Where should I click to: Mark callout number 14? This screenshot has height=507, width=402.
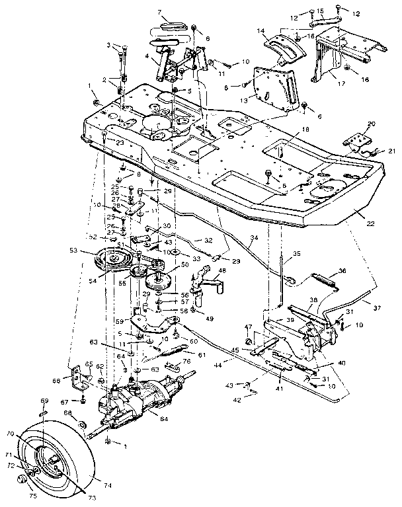(x=261, y=30)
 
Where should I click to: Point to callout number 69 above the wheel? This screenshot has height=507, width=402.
(x=45, y=401)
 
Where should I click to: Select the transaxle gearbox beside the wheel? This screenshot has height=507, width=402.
(x=139, y=397)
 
